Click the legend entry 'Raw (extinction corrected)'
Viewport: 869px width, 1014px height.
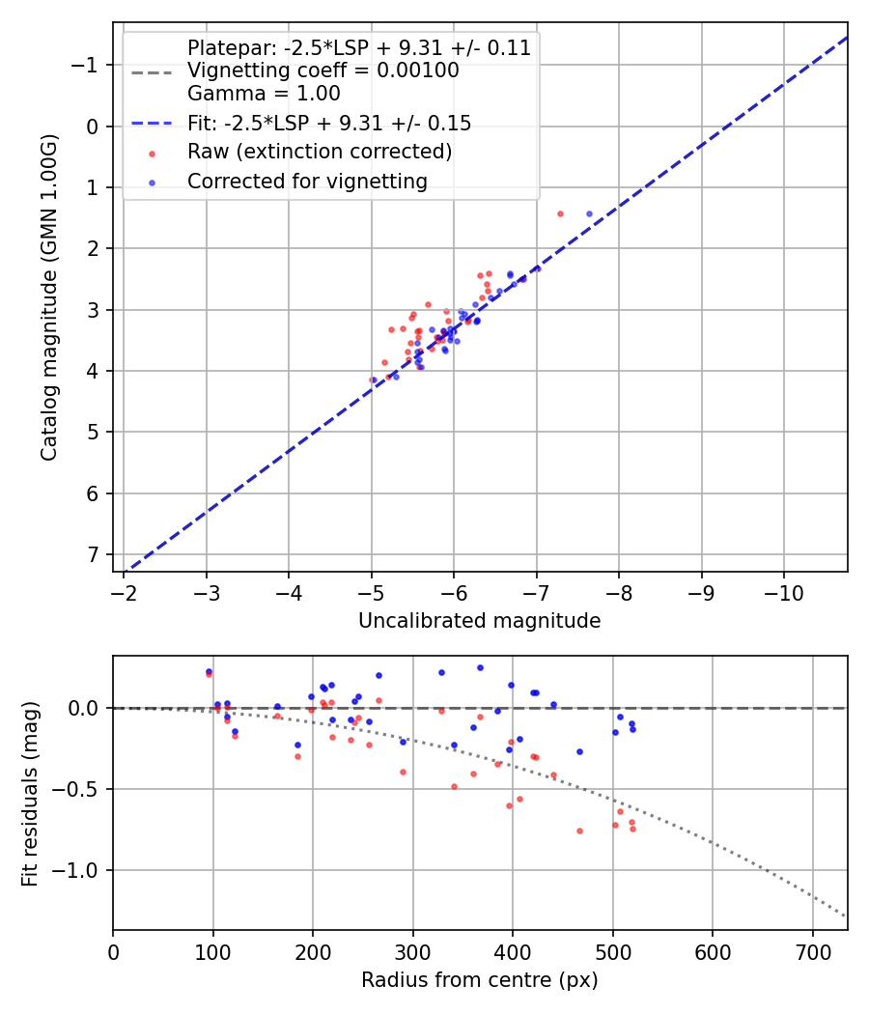click(x=320, y=152)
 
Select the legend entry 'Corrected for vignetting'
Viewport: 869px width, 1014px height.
click(x=307, y=181)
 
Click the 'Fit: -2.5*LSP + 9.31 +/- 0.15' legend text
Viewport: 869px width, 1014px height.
click(x=329, y=123)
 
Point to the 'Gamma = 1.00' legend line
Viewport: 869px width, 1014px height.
click(x=264, y=94)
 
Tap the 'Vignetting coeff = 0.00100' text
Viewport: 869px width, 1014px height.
click(x=322, y=70)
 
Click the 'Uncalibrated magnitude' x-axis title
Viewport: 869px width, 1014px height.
click(x=479, y=621)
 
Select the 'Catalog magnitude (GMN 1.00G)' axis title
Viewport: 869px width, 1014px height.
click(x=49, y=297)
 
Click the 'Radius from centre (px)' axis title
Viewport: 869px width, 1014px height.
click(x=479, y=980)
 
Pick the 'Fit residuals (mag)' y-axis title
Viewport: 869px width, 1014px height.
click(x=30, y=794)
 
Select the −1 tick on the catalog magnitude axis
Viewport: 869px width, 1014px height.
click(x=88, y=65)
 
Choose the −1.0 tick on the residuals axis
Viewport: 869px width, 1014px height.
click(x=80, y=870)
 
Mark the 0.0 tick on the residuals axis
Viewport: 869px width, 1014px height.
click(x=85, y=708)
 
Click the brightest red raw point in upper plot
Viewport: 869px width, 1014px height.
click(x=560, y=213)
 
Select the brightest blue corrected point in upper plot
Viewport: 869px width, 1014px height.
click(x=589, y=213)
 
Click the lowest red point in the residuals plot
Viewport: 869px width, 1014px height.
click(x=579, y=831)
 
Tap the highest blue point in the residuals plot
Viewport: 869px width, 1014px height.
click(x=480, y=667)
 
